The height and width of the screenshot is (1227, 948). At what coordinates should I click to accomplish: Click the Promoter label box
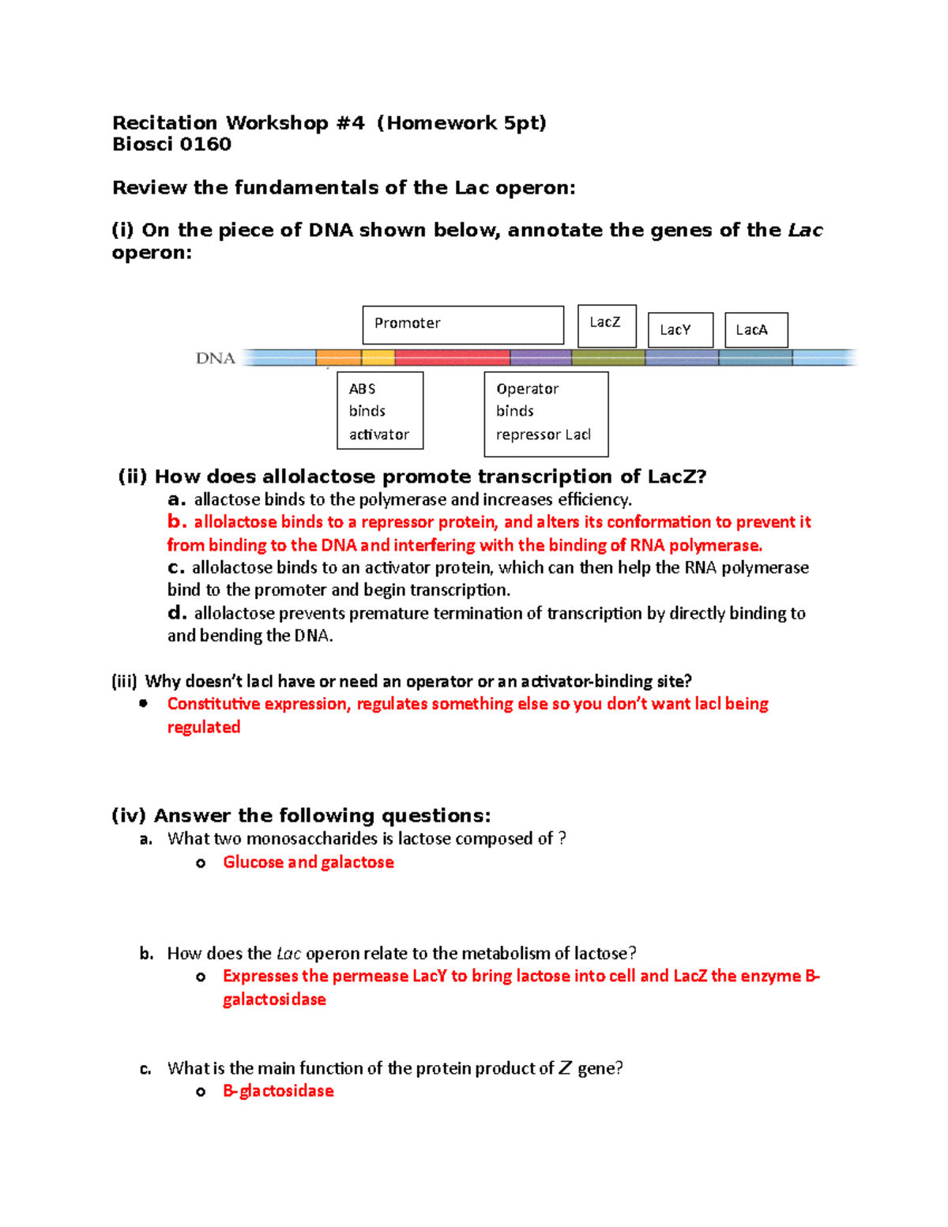click(x=463, y=325)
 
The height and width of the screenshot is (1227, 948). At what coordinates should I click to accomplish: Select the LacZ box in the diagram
click(x=607, y=326)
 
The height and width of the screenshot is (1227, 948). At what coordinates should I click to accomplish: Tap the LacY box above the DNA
click(x=680, y=330)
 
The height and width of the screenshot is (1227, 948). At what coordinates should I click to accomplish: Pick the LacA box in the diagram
click(x=756, y=330)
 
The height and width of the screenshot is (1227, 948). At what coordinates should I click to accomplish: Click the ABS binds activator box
click(x=380, y=411)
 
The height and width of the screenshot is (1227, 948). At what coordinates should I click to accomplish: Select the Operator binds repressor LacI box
click(x=546, y=414)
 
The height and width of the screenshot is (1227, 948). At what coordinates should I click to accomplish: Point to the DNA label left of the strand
click(x=216, y=359)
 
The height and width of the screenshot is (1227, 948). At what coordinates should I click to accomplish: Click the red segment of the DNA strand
click(x=452, y=358)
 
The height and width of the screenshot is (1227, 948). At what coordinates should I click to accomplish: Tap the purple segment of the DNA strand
click(x=540, y=358)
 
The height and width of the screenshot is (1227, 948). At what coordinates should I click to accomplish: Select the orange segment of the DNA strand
click(x=339, y=358)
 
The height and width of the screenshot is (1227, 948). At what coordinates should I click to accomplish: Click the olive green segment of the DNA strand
click(x=608, y=358)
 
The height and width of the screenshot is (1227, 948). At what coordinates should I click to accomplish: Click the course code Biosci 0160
click(x=172, y=145)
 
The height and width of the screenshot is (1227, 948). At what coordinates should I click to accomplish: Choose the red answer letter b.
click(x=177, y=521)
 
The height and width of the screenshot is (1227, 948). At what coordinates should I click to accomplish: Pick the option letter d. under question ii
click(x=177, y=613)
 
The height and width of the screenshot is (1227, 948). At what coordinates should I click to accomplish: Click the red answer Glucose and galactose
click(x=308, y=862)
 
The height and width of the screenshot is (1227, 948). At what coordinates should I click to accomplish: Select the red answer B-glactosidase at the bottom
click(x=278, y=1091)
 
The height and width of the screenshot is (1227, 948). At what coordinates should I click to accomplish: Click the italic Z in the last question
click(x=565, y=1068)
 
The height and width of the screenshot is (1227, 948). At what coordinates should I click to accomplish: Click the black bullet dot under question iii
click(x=143, y=703)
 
